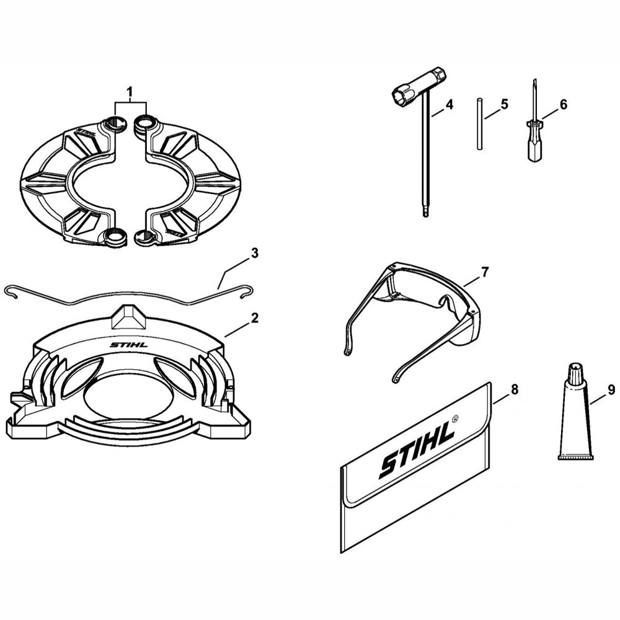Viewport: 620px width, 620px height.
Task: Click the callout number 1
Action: [x=130, y=91]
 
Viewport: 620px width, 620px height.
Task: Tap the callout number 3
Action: [x=254, y=253]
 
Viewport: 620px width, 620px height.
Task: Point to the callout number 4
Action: [x=449, y=105]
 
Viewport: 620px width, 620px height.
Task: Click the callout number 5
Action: [x=504, y=104]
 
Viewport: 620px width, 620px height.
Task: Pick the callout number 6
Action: [x=563, y=105]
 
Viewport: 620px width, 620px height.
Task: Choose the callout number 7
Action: [x=485, y=271]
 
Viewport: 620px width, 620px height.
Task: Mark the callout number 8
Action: [x=514, y=390]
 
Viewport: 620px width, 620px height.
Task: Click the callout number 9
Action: [x=611, y=390]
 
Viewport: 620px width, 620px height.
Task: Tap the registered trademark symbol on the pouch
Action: [x=456, y=419]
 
